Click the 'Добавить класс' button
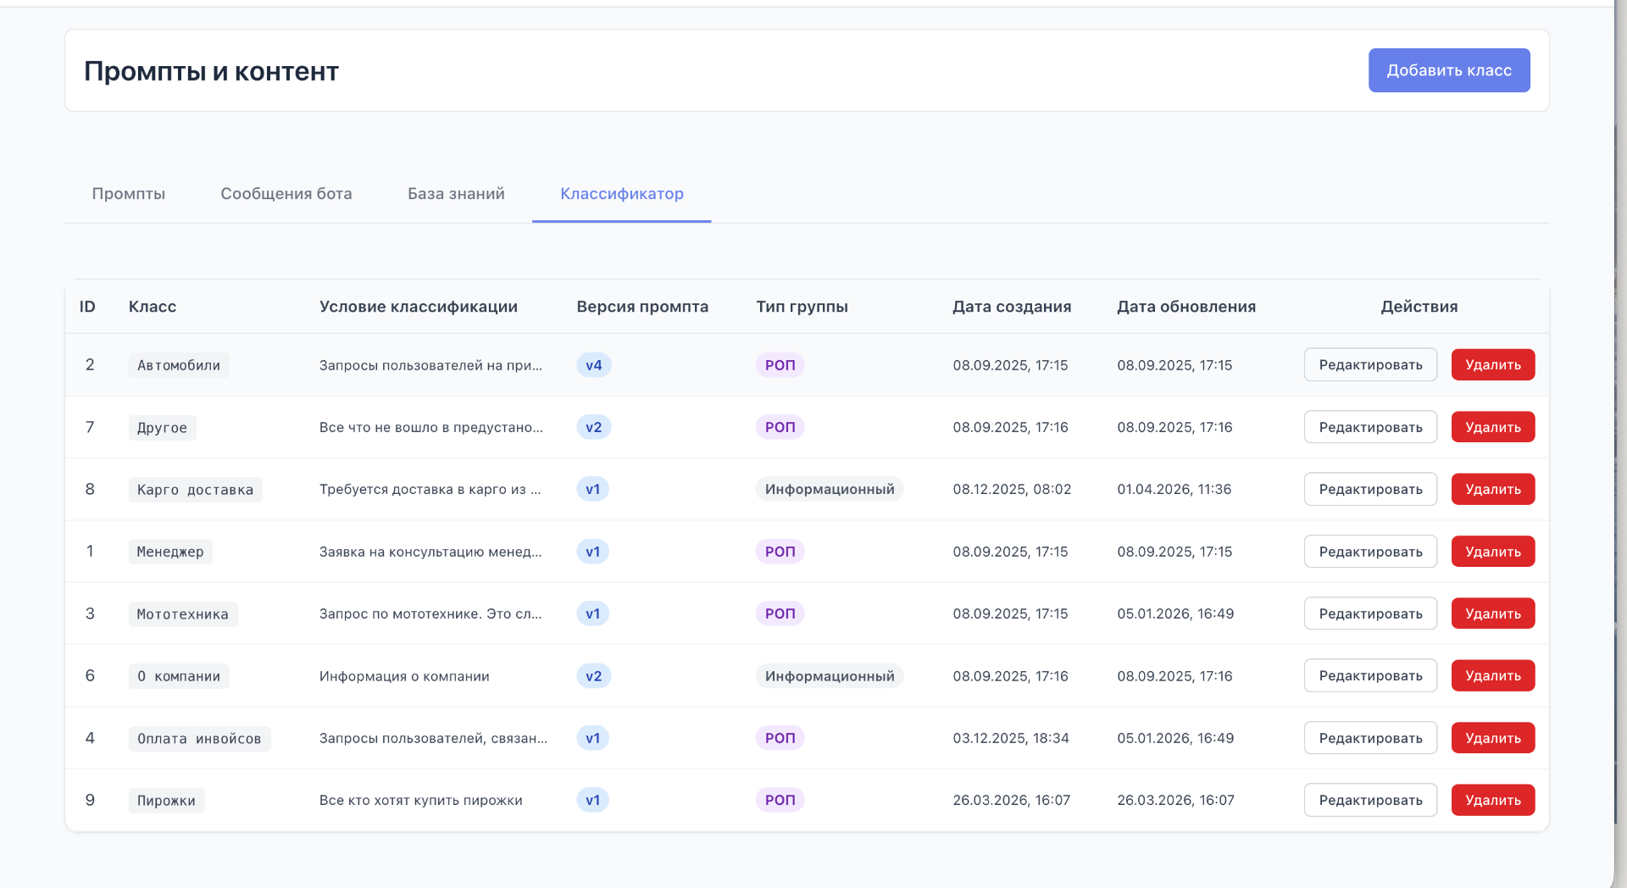point(1449,70)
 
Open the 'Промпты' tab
point(129,194)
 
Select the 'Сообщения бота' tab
point(286,194)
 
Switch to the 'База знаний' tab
point(456,194)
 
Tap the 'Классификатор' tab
point(622,194)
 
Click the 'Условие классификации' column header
point(419,307)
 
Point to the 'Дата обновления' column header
point(1186,307)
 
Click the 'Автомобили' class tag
point(179,365)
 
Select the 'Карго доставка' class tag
point(196,490)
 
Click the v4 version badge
point(594,365)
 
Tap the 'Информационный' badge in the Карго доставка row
point(830,489)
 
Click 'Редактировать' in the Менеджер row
point(1370,552)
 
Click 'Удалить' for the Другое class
point(1493,427)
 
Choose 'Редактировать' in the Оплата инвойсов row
point(1370,738)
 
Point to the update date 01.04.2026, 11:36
point(1174,489)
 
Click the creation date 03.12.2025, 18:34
point(1011,738)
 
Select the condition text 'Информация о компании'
point(404,676)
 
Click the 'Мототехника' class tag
point(183,614)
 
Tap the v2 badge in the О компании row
point(594,676)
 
